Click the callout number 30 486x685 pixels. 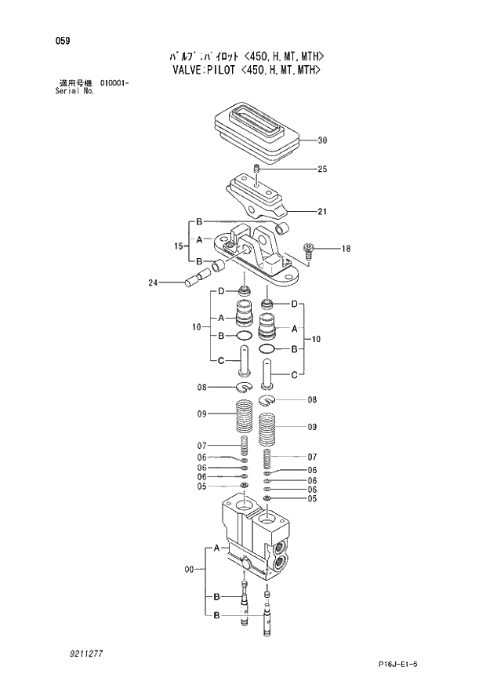coord(322,141)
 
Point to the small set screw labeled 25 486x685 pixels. coord(258,170)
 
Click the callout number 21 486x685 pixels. coord(322,211)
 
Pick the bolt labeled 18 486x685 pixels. coord(309,250)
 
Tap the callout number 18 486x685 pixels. coord(346,249)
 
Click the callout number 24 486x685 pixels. coord(154,282)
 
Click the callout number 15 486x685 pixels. coord(179,246)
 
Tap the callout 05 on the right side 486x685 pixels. coord(312,498)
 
